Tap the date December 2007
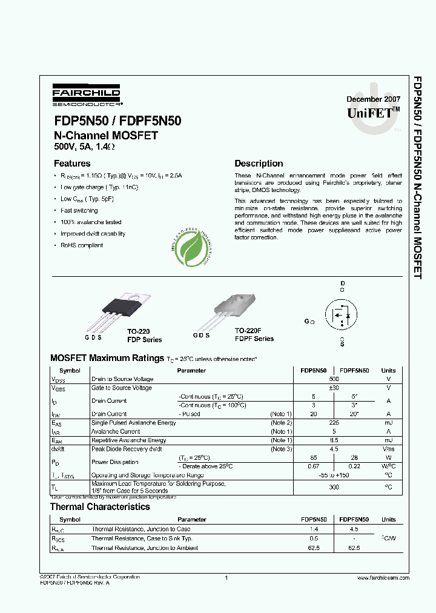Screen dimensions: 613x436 [373, 99]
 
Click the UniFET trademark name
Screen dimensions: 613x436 [373, 113]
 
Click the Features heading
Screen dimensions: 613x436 [72, 164]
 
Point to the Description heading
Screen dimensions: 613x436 [259, 164]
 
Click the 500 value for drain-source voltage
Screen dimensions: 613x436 [334, 379]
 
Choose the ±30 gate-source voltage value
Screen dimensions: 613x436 [334, 388]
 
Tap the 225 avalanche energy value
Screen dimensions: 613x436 [334, 422]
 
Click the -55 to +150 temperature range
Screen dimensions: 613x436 [334, 475]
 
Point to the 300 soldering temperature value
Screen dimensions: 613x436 [334, 487]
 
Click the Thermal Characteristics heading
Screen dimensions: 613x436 [100, 506]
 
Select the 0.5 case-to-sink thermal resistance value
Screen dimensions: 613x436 [314, 538]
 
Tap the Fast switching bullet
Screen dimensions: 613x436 [79, 211]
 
